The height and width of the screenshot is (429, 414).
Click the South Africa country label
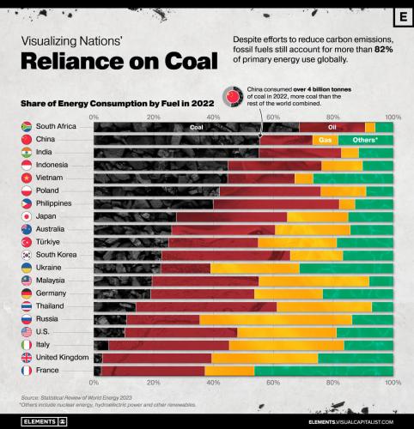pyautogui.click(x=58, y=126)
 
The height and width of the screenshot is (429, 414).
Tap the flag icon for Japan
pyautogui.click(x=27, y=216)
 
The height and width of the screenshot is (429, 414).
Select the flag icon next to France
pyautogui.click(x=27, y=370)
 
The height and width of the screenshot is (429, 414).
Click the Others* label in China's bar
pyautogui.click(x=365, y=139)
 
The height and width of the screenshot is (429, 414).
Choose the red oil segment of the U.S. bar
pyautogui.click(x=181, y=332)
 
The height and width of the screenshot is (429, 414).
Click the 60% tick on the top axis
pyautogui.click(x=272, y=116)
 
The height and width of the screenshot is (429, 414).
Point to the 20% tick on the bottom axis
pyautogui.click(x=153, y=382)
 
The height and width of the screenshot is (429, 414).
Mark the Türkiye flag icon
pyautogui.click(x=27, y=242)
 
